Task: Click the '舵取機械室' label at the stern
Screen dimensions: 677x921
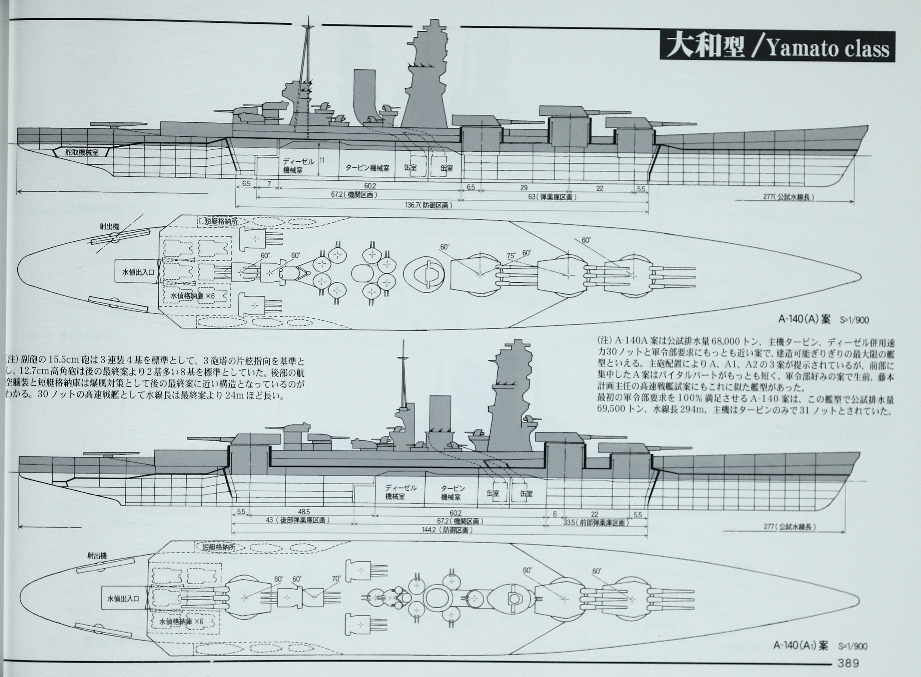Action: tap(82, 152)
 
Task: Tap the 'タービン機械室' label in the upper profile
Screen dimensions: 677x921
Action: tap(367, 168)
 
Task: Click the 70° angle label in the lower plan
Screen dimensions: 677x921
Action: tap(336, 579)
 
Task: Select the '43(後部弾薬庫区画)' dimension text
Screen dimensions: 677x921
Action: tap(298, 520)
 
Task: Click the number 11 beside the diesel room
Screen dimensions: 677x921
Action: tap(322, 160)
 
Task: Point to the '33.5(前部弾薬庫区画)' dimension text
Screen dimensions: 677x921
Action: tap(595, 523)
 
